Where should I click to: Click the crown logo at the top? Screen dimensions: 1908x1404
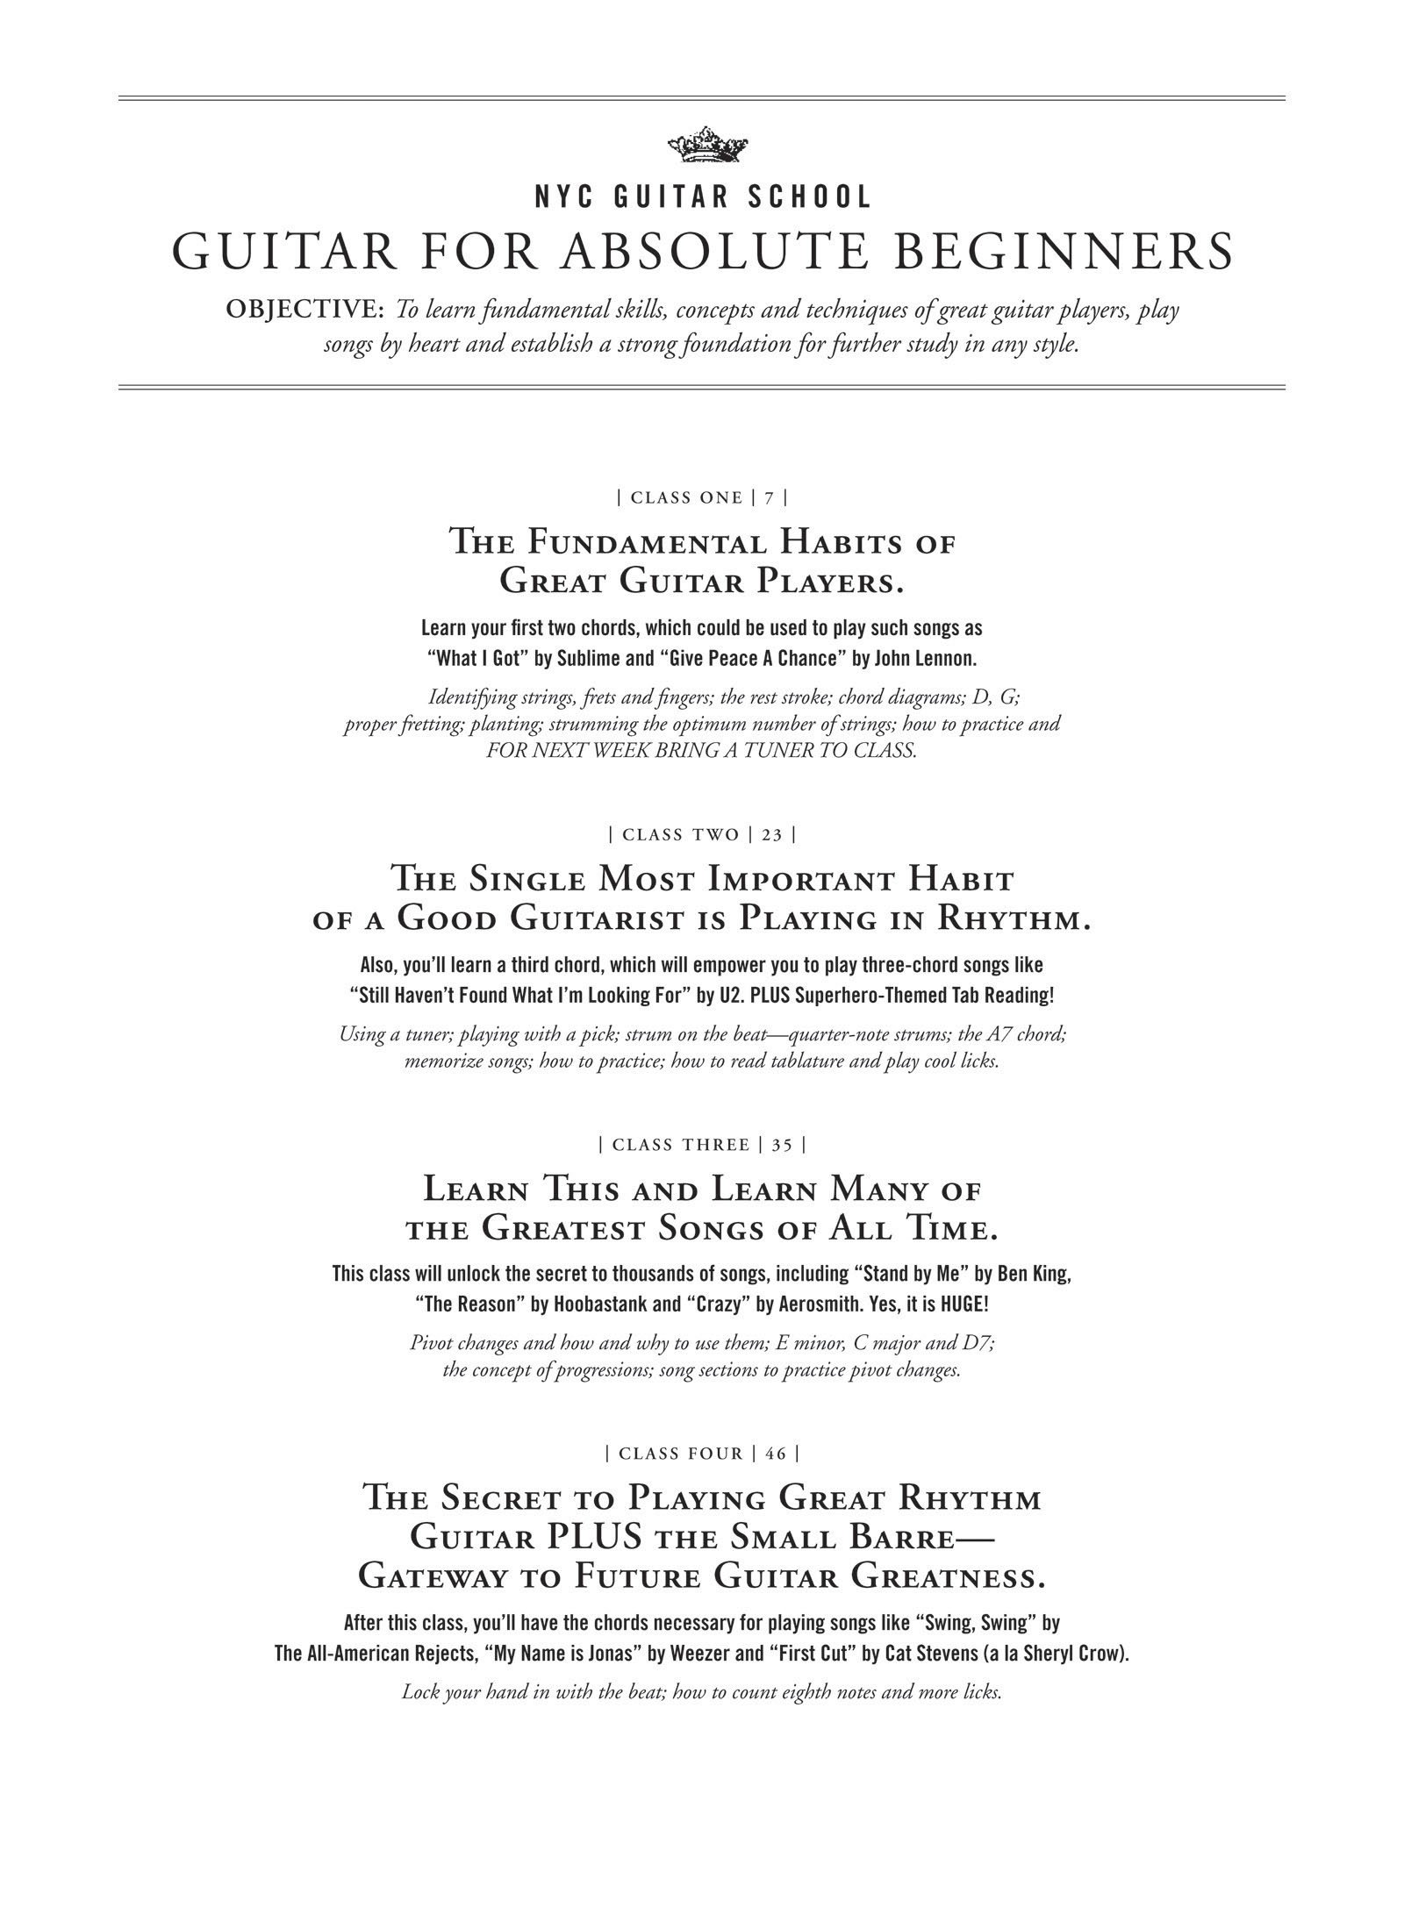tap(702, 145)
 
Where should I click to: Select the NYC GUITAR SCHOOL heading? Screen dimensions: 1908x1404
tap(702, 197)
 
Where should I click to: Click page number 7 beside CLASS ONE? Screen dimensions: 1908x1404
tap(769, 498)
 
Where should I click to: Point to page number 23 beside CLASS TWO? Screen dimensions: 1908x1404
tap(771, 834)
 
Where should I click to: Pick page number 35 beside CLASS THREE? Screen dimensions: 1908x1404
tap(782, 1145)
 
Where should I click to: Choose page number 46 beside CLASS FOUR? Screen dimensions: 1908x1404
tap(776, 1454)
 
